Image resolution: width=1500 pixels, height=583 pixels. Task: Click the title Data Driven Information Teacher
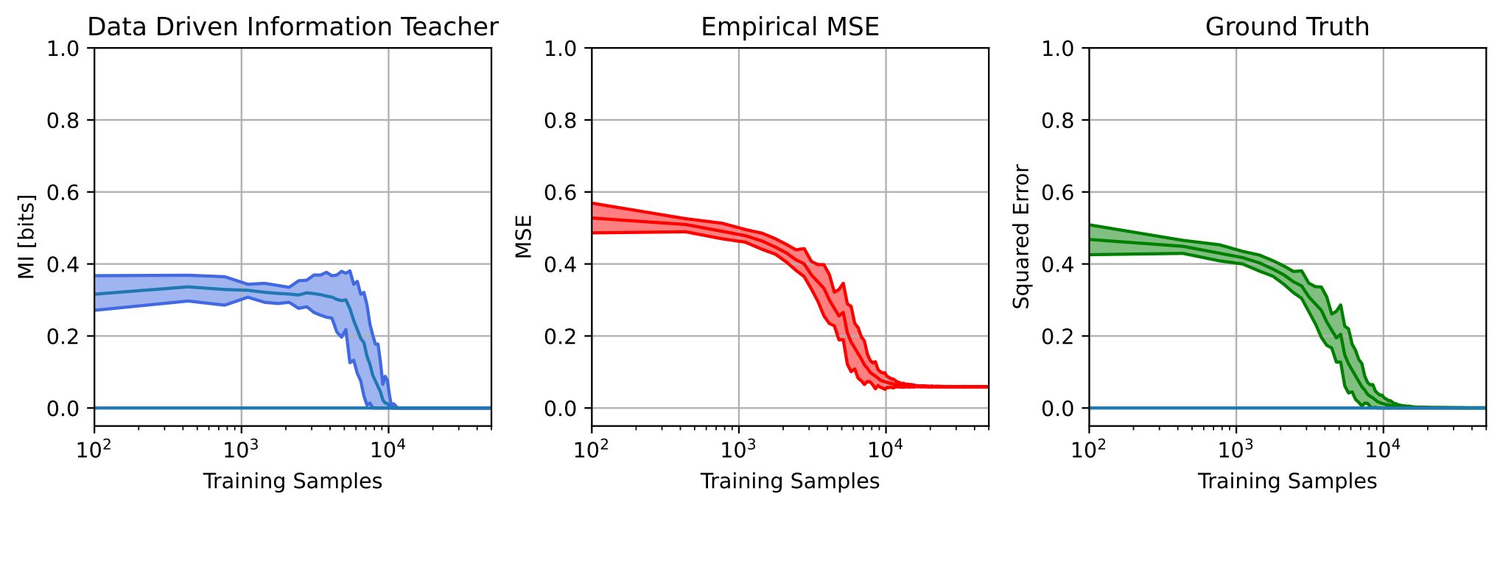click(292, 27)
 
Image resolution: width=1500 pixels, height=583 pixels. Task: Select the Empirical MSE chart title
click(790, 27)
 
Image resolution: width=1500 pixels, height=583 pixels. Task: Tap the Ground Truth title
click(1287, 27)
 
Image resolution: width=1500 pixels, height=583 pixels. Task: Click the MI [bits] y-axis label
click(27, 236)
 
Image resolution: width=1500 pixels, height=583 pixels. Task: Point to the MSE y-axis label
click(524, 236)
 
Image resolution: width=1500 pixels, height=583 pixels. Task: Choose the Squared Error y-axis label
click(1021, 236)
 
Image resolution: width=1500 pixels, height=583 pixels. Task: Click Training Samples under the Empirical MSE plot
click(790, 481)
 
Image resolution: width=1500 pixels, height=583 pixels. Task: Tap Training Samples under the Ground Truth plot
click(1287, 481)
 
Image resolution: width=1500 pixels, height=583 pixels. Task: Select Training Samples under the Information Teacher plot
click(292, 481)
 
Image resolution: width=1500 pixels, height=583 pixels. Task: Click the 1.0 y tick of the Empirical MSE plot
click(561, 49)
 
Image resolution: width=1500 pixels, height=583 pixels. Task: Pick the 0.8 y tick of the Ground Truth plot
click(1059, 121)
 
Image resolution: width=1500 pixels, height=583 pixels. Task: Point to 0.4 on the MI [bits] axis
click(64, 265)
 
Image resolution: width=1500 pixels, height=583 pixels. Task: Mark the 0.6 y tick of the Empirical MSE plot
click(561, 193)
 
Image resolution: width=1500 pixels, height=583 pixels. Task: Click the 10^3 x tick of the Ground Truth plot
click(1236, 448)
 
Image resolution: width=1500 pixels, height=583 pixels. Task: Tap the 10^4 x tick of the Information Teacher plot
click(388, 448)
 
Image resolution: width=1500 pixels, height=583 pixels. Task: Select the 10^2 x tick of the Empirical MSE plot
click(591, 448)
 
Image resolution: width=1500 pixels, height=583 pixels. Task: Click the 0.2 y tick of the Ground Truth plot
click(1059, 337)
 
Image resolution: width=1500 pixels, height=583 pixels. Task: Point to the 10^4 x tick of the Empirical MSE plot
click(886, 448)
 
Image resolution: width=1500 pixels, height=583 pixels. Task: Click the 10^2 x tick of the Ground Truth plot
click(1088, 448)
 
